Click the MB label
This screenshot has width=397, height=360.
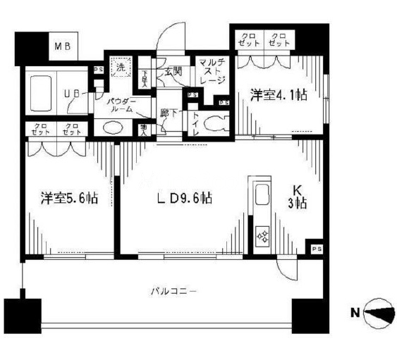click(63, 47)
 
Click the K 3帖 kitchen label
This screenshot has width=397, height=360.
click(300, 197)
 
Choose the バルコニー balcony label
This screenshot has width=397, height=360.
click(172, 290)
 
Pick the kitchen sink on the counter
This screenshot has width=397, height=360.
click(262, 193)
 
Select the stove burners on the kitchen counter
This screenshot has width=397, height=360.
click(262, 235)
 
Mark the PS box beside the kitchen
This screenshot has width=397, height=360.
click(316, 249)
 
